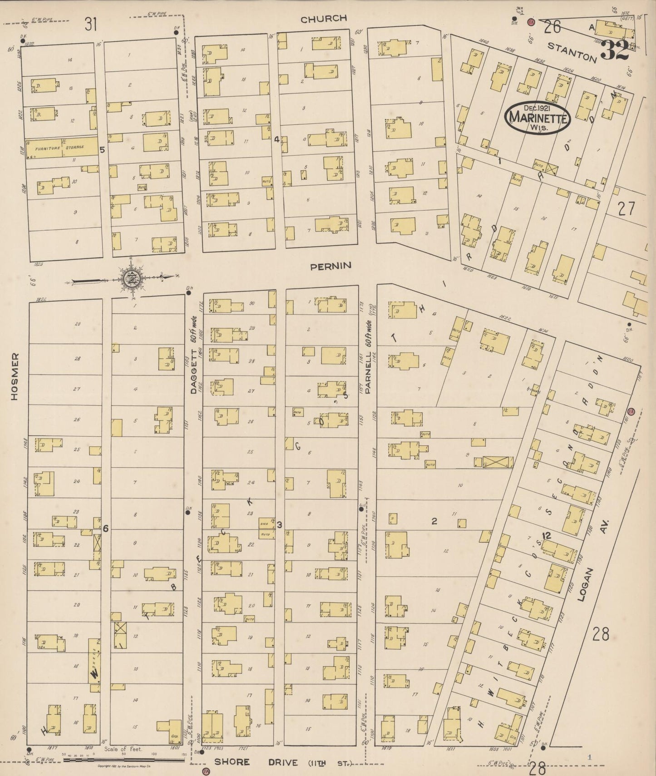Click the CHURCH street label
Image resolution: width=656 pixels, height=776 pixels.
324,19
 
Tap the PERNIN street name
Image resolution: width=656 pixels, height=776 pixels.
331,266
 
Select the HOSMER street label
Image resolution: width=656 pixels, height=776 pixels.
15,376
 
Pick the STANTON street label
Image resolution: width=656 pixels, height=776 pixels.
572,52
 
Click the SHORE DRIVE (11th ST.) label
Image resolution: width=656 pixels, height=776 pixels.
283,762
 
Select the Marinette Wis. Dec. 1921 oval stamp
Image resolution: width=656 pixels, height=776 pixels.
538,117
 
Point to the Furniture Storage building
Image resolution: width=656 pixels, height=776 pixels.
61,148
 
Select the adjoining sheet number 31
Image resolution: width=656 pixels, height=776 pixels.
91,24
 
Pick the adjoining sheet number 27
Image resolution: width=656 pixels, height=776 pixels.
626,208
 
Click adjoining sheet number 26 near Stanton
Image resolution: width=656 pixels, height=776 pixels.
552,27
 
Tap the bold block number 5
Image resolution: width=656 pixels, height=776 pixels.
103,149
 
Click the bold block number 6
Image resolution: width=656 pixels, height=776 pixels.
105,529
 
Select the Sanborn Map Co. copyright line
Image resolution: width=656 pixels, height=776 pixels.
124,766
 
